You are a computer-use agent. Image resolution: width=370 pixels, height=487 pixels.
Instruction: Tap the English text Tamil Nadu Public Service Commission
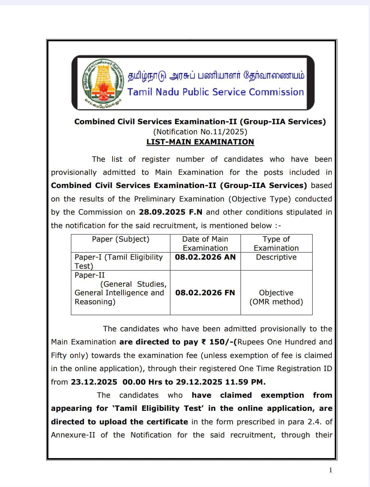click(x=215, y=92)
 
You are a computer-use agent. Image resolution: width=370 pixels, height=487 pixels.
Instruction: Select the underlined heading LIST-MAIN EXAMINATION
click(x=200, y=142)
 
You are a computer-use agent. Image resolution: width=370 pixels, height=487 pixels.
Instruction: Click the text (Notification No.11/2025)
click(x=200, y=132)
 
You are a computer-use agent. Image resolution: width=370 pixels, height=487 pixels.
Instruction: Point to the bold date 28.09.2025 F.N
click(x=170, y=212)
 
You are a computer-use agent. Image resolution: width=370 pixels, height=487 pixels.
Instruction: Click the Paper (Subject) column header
click(x=120, y=239)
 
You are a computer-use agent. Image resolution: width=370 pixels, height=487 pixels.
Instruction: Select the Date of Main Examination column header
click(x=205, y=243)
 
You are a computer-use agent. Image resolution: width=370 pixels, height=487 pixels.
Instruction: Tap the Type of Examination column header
click(x=276, y=243)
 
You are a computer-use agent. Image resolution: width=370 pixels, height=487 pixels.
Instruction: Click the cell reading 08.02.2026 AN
click(x=205, y=257)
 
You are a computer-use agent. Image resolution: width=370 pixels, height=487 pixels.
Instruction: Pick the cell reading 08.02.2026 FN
click(x=205, y=293)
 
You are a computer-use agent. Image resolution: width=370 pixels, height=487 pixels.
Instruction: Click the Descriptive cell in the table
click(x=276, y=257)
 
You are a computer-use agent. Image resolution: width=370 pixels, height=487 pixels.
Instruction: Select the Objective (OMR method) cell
click(x=276, y=297)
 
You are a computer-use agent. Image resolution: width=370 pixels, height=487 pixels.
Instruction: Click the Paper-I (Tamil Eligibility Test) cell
click(x=119, y=261)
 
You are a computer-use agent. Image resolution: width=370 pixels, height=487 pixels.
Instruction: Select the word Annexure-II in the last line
click(x=73, y=435)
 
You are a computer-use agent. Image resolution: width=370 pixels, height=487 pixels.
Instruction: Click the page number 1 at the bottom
click(x=330, y=470)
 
